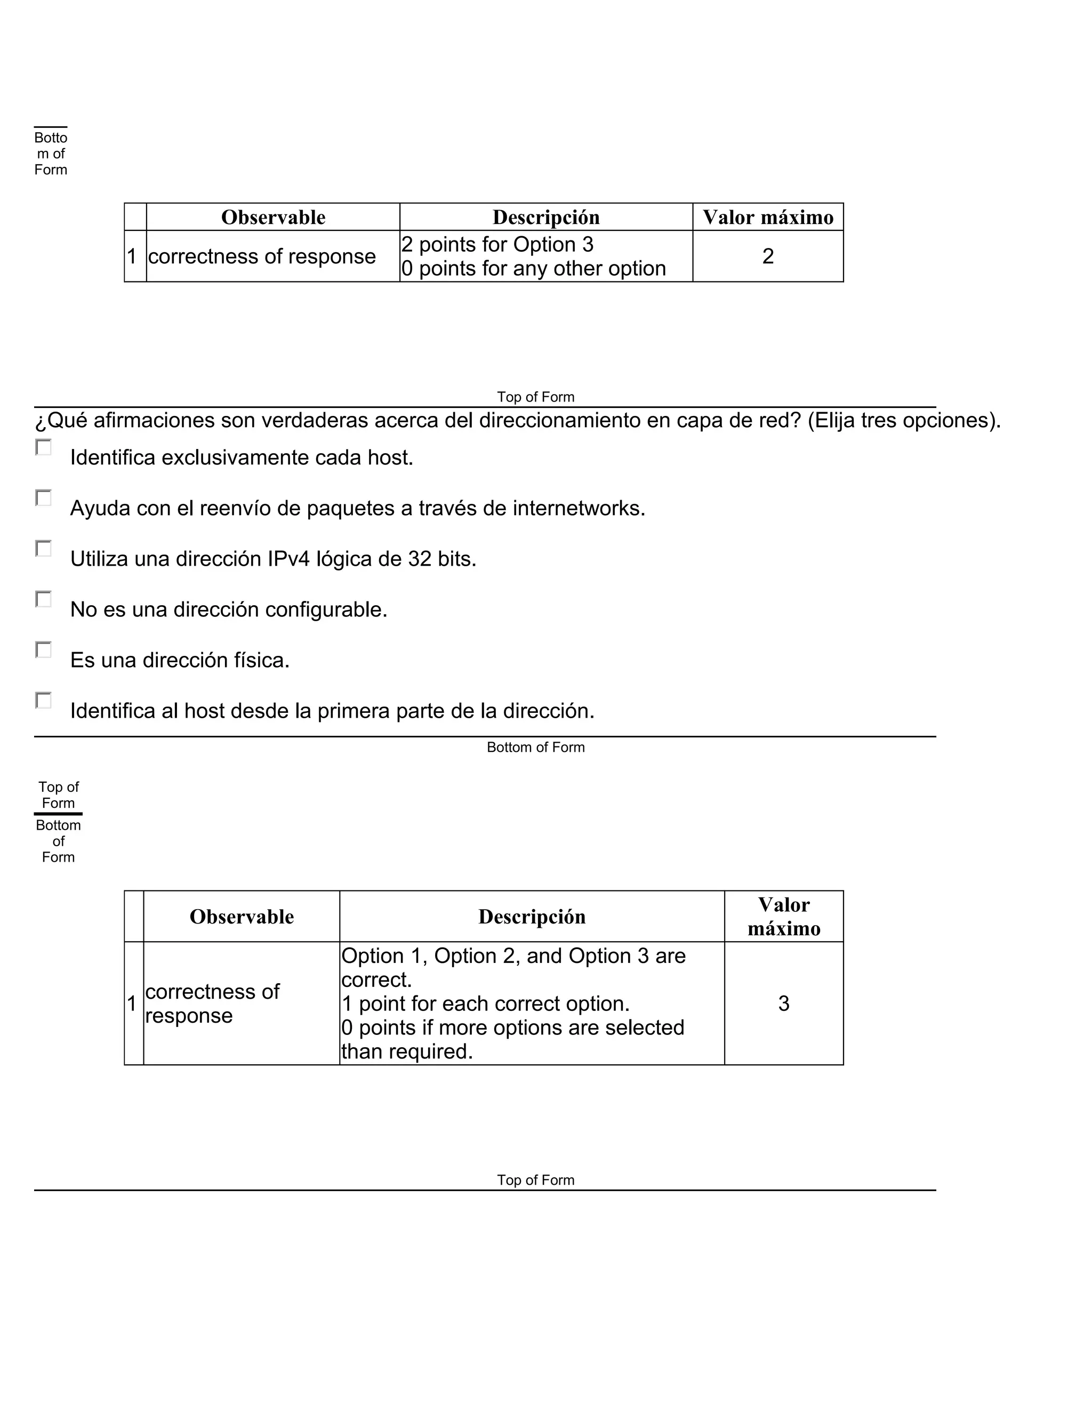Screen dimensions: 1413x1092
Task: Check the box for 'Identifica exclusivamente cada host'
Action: click(x=43, y=447)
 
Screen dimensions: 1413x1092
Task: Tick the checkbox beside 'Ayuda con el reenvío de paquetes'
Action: click(x=43, y=497)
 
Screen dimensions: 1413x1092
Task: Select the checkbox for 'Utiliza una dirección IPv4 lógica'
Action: click(x=43, y=549)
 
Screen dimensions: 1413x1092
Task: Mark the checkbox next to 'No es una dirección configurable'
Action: click(x=43, y=599)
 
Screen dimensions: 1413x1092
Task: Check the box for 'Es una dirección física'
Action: click(x=43, y=649)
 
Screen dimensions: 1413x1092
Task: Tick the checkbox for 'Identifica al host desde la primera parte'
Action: click(x=43, y=700)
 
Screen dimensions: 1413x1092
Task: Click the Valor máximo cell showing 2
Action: click(x=767, y=256)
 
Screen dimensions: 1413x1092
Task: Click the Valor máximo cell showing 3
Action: click(x=783, y=1003)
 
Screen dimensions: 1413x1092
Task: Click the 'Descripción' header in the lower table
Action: click(x=532, y=917)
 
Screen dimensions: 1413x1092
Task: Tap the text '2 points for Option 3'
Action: click(x=497, y=245)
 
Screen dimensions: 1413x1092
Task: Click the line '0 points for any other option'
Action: click(x=534, y=269)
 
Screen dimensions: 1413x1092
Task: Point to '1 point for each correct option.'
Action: click(x=485, y=1003)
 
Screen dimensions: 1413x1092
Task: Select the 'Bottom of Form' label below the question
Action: click(x=536, y=747)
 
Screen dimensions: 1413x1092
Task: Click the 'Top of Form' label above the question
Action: click(x=536, y=397)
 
